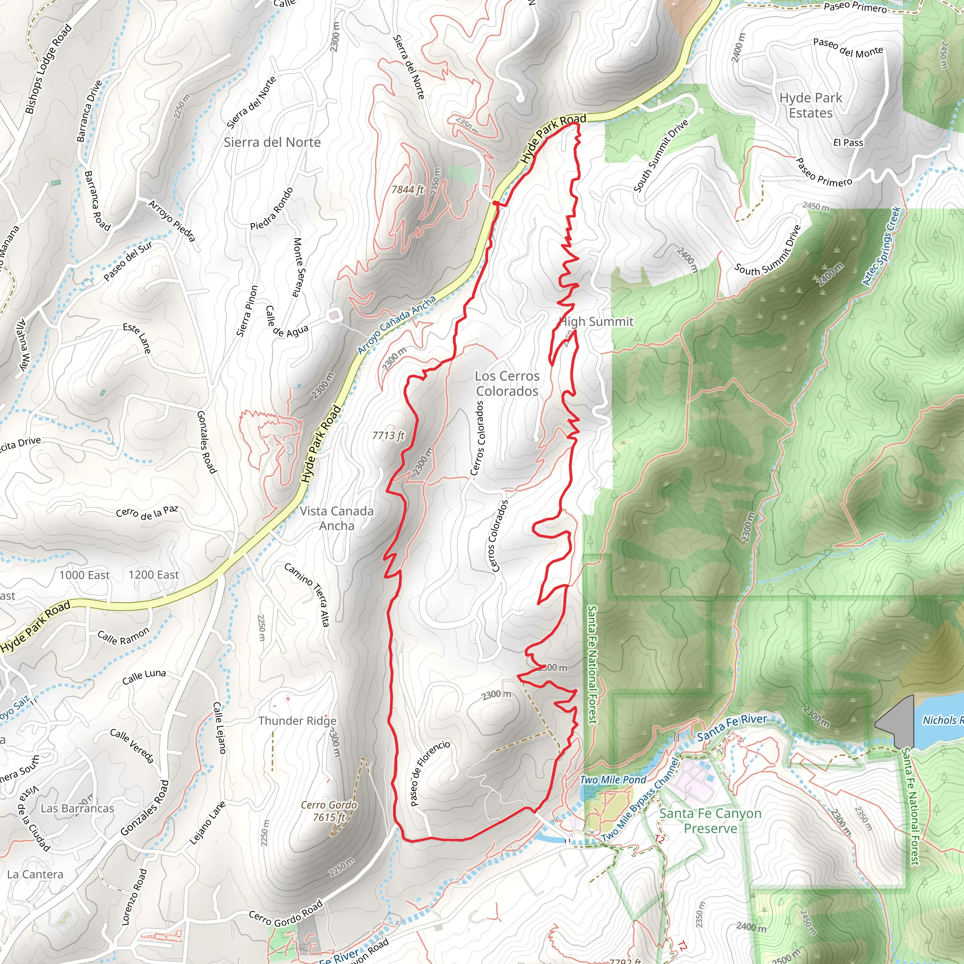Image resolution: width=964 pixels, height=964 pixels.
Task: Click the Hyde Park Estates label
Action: coord(811,105)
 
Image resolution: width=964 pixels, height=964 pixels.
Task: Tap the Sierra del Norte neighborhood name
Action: coord(272,142)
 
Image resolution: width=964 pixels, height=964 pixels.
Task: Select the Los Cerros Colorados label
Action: coord(507,383)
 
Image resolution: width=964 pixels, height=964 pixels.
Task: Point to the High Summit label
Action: coord(596,322)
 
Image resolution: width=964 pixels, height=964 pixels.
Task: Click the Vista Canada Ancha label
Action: coord(337,518)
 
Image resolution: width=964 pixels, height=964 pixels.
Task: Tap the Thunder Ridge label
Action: coord(297,721)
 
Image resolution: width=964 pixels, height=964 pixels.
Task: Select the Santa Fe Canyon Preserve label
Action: coord(710,821)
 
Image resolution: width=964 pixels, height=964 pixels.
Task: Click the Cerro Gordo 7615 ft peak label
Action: coord(329,811)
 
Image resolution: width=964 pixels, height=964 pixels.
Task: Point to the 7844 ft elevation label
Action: coord(407,190)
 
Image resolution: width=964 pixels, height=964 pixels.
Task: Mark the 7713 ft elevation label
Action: coord(388,435)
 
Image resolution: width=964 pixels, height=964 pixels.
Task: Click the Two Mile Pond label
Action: coord(613,779)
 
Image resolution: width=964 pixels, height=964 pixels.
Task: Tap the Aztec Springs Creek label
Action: coord(882,246)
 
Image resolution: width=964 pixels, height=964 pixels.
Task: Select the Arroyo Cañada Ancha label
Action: coord(397,325)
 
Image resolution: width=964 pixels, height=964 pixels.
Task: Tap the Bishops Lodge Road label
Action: coord(48,69)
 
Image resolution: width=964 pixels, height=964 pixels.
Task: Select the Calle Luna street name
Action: coord(144,677)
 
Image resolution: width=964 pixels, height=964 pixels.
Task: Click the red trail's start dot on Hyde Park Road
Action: coord(495,202)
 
